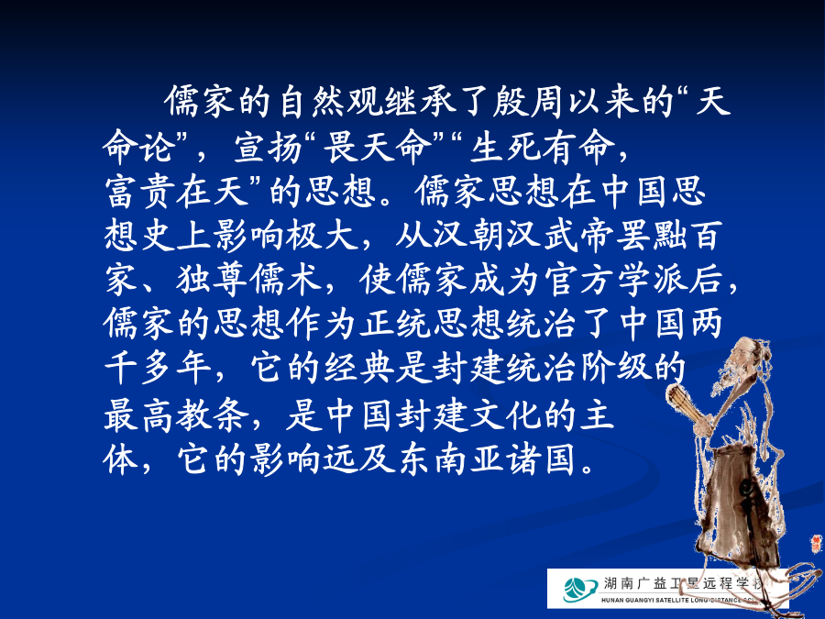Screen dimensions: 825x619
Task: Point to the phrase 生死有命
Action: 542,147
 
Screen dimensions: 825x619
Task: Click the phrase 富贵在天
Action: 176,191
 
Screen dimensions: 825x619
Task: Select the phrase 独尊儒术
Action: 248,279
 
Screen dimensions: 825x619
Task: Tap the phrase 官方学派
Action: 616,279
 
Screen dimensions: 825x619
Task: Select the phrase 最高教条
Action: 176,415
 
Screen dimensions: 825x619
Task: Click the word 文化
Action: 505,415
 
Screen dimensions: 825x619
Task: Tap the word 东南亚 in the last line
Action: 450,460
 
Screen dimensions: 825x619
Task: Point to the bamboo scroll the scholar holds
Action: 685,404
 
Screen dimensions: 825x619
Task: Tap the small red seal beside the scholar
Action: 816,542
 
